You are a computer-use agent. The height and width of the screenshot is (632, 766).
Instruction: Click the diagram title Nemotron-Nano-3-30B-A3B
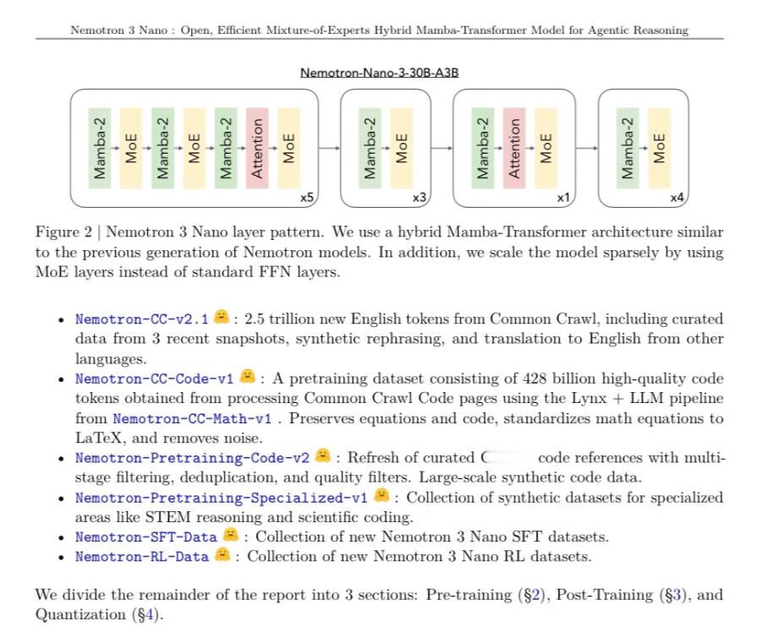point(380,73)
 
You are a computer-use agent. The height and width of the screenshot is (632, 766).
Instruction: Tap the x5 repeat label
point(308,198)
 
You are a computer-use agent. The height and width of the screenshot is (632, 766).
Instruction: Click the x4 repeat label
point(676,198)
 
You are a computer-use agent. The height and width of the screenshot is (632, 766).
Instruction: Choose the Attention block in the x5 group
point(257,148)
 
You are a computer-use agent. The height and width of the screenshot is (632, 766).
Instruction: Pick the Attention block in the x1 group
point(514,148)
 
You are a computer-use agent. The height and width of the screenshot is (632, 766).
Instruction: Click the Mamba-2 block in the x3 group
point(369,148)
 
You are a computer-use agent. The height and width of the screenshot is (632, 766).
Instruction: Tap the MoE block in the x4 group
point(659,148)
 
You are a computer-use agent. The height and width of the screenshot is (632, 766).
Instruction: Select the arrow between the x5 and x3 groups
point(330,148)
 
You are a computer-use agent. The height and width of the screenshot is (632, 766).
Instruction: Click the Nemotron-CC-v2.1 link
point(141,319)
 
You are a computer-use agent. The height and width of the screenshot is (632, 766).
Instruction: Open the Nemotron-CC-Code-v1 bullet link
point(154,378)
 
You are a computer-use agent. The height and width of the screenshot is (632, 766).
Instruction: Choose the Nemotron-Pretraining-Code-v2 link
point(192,458)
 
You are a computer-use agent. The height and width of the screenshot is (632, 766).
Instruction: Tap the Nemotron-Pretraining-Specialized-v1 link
point(222,498)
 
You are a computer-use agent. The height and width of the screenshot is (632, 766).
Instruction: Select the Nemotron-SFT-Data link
point(145,537)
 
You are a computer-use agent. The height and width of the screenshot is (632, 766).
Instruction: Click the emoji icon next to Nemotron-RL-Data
point(222,555)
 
